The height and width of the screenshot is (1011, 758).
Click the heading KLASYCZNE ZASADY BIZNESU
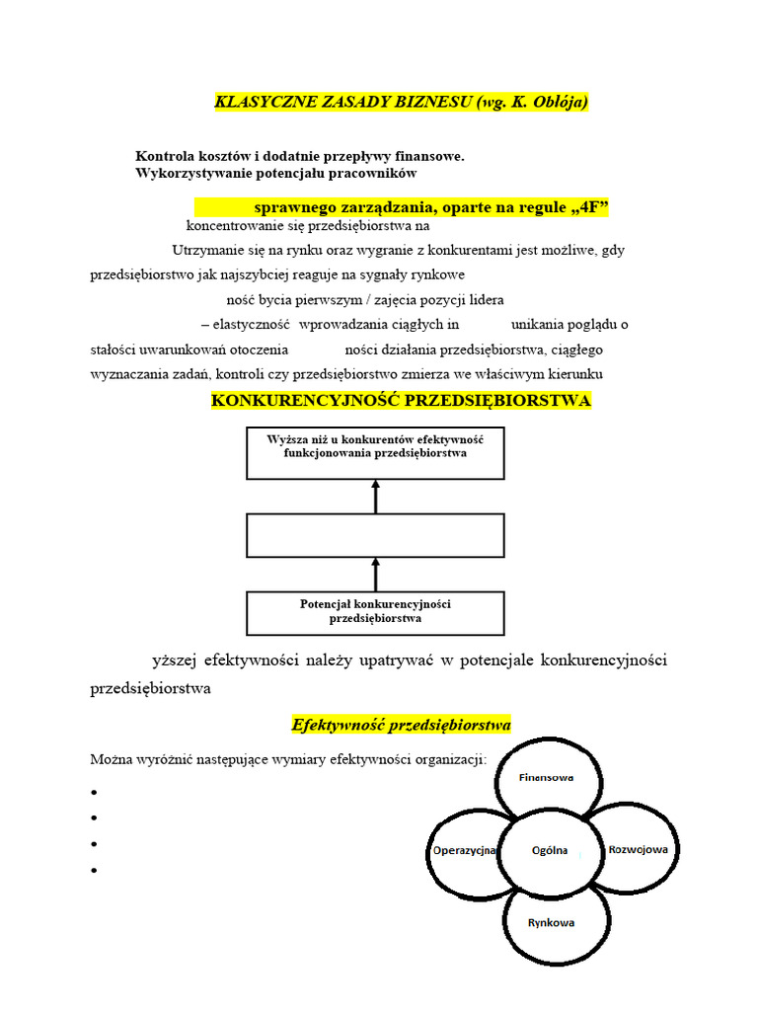coord(401,103)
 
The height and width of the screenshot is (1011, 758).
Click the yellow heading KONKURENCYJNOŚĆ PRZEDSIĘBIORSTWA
coord(401,400)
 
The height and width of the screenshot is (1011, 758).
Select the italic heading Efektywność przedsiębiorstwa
coord(401,725)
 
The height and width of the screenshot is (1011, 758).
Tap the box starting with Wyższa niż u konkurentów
coord(375,453)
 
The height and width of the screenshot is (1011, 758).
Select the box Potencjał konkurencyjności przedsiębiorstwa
coord(375,612)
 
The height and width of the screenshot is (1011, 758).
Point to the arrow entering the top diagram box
coord(375,497)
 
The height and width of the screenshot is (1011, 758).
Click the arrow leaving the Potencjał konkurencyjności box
coord(375,574)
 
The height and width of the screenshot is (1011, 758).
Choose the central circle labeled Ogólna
coord(548,850)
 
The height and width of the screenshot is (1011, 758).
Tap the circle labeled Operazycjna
coord(464,850)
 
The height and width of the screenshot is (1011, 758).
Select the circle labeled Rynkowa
coord(551,923)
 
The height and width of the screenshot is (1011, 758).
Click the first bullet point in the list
coord(94,793)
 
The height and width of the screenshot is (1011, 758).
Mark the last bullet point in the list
coord(94,870)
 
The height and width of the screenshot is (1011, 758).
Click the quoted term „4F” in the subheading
coord(588,207)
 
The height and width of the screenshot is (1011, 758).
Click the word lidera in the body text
coord(513,299)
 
